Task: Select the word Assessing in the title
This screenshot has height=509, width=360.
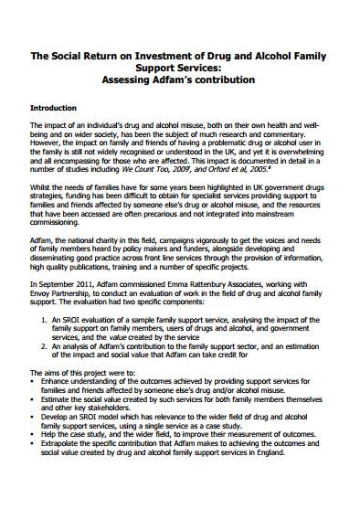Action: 133,80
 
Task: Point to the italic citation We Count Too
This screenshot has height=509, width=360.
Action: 152,168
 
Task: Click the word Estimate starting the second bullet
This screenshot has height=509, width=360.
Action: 61,403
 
